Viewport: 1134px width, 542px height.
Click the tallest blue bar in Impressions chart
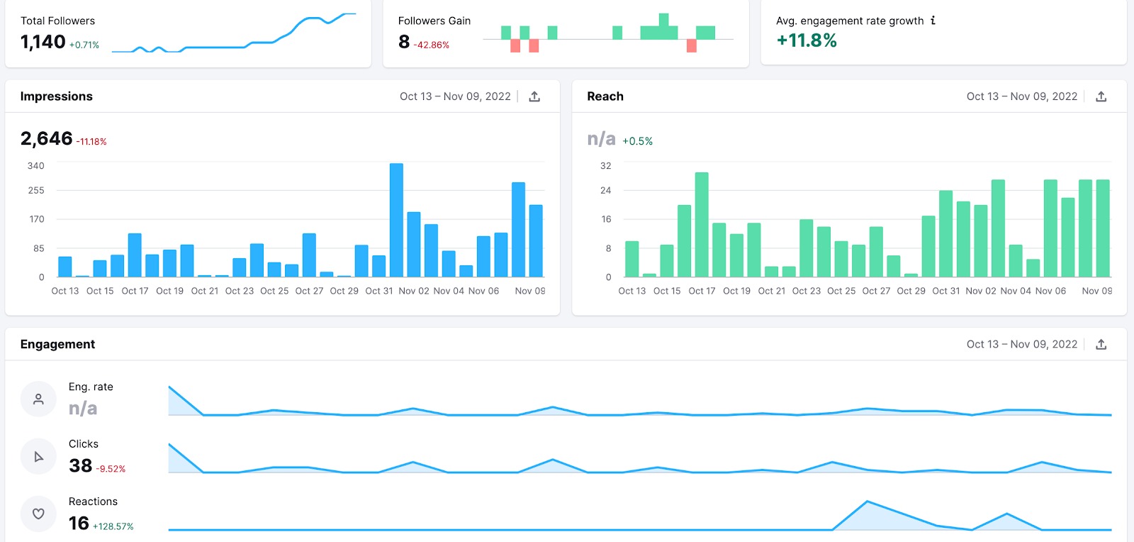pyautogui.click(x=396, y=220)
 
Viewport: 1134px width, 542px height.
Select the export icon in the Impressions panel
pyautogui.click(x=534, y=96)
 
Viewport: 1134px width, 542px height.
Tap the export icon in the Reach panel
pyautogui.click(x=1101, y=96)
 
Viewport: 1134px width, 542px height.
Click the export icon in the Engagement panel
pyautogui.click(x=1101, y=344)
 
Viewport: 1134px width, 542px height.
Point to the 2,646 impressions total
pyautogui.click(x=47, y=138)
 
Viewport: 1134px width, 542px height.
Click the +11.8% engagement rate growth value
pyautogui.click(x=807, y=40)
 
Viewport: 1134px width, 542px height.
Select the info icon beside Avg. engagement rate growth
pyautogui.click(x=933, y=21)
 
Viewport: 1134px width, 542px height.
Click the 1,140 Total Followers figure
pyautogui.click(x=43, y=43)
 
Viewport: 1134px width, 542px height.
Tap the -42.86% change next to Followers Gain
pyautogui.click(x=432, y=45)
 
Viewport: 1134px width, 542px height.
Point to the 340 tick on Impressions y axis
pyautogui.click(x=35, y=165)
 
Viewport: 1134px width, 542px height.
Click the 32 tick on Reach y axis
pyautogui.click(x=605, y=165)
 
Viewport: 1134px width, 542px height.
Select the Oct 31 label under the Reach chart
pyautogui.click(x=945, y=291)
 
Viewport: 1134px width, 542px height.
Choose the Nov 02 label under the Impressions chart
pyautogui.click(x=414, y=291)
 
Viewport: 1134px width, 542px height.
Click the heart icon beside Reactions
pyautogui.click(x=38, y=514)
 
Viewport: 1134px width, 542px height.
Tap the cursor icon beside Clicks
pyautogui.click(x=38, y=457)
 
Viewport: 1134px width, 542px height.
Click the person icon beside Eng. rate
pyautogui.click(x=38, y=399)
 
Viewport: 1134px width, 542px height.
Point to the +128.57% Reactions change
pyautogui.click(x=113, y=526)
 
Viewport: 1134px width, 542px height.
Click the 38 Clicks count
pyautogui.click(x=81, y=465)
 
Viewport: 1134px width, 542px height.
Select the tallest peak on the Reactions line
pyautogui.click(x=867, y=502)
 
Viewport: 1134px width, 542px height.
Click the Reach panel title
pyautogui.click(x=605, y=96)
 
